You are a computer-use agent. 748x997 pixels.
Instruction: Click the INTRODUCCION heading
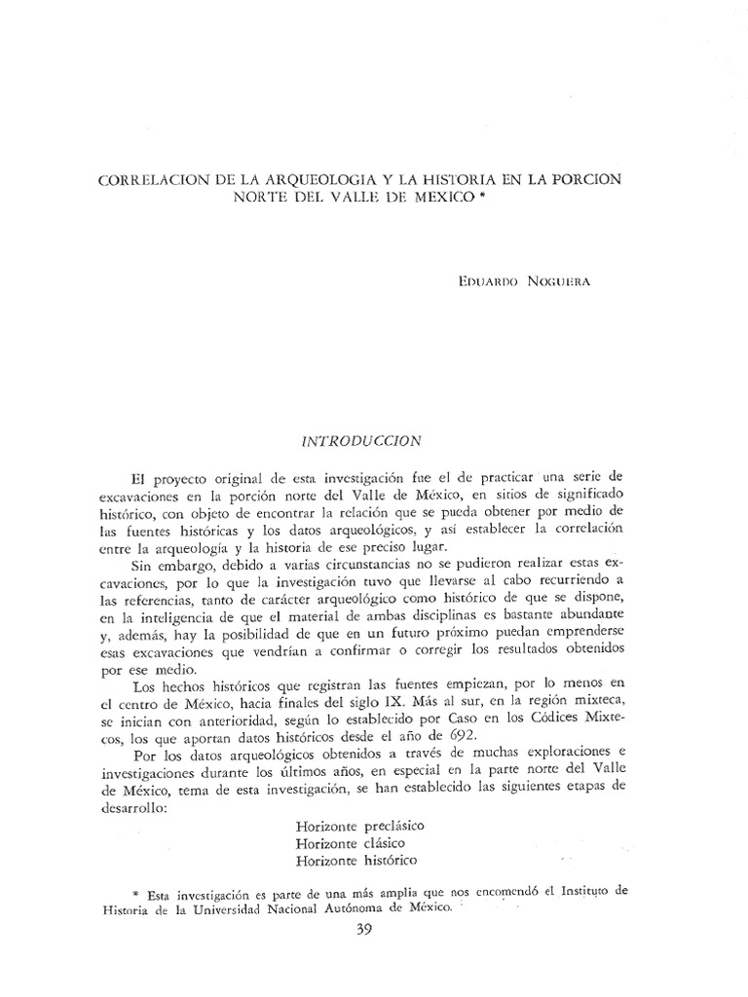361,440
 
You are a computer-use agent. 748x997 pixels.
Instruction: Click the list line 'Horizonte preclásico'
359,826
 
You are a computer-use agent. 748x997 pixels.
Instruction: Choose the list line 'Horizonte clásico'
351,843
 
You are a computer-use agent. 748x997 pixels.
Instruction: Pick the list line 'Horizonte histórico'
355,861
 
